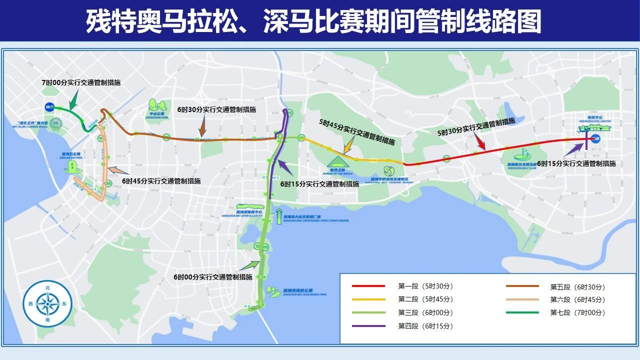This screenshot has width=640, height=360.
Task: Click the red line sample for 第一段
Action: click(368, 286)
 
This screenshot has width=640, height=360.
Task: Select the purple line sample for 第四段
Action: click(368, 326)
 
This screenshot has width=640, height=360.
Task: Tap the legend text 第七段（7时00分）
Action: click(577, 313)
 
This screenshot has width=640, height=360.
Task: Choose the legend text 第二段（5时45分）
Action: click(425, 299)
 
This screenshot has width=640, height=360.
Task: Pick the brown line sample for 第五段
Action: click(522, 286)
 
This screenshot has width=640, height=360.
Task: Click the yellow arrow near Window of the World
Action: click(348, 146)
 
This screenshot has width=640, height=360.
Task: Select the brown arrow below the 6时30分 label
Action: click(203, 125)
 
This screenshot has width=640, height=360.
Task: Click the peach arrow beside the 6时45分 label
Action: click(114, 171)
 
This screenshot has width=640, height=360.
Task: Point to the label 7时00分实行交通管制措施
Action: click(81, 82)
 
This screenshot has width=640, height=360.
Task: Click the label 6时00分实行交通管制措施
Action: click(213, 277)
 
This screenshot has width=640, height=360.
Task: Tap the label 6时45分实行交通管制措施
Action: click(161, 181)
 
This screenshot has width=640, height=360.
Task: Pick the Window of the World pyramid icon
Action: click(339, 161)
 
